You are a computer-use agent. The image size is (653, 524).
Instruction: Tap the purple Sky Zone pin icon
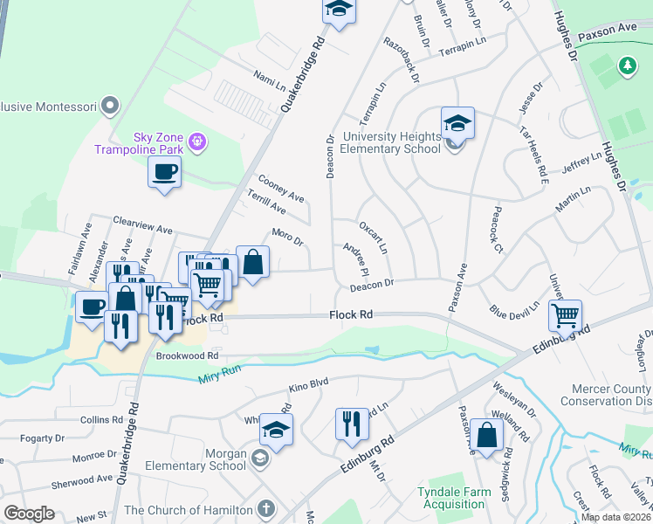198,140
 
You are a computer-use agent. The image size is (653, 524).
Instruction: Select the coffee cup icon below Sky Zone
164,172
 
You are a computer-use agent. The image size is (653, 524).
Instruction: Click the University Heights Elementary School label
391,142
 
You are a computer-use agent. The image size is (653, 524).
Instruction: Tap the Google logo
29,514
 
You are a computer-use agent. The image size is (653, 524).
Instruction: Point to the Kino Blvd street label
308,384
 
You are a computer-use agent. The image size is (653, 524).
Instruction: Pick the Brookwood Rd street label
186,356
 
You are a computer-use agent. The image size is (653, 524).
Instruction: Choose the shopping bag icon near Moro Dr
252,261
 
